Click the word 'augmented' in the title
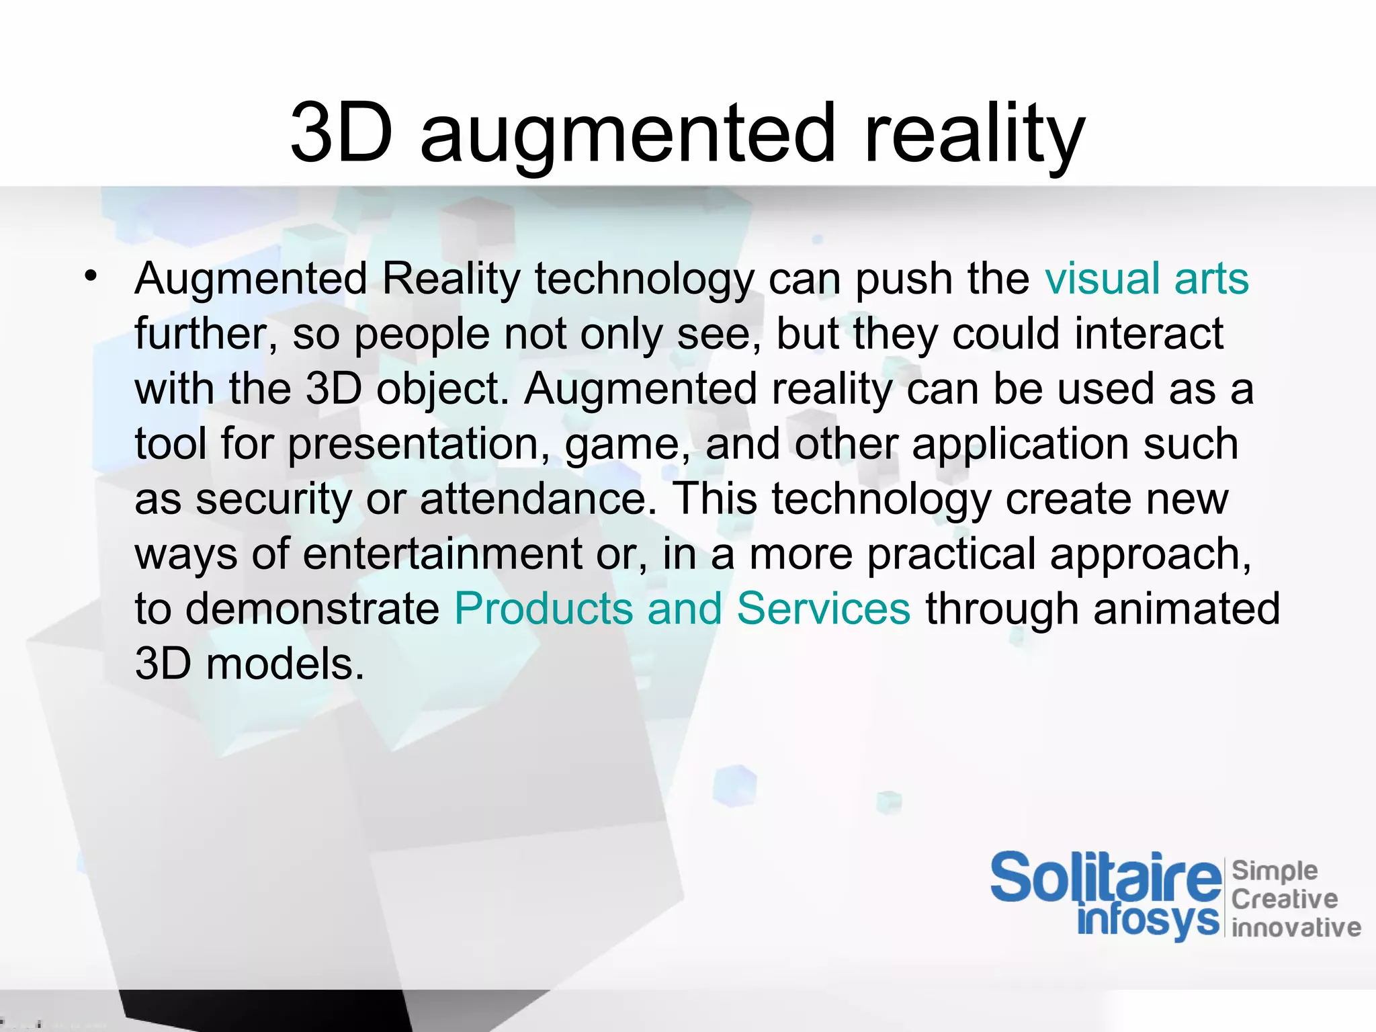[628, 134]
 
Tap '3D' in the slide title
[341, 133]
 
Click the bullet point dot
[91, 275]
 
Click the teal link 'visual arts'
[1146, 278]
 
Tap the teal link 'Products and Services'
[682, 609]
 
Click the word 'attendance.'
[538, 499]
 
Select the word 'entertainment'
[442, 554]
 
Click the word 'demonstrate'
[312, 609]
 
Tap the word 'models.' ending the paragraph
[285, 664]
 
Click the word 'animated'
[1187, 609]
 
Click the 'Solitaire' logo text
[1105, 877]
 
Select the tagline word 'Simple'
[1274, 871]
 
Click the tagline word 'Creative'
[1284, 899]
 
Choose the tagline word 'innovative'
[1296, 928]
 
